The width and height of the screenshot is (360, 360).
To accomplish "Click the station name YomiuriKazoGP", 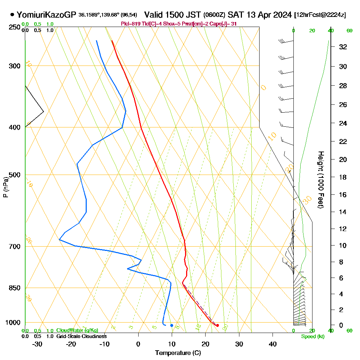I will pyautogui.click(x=46, y=15).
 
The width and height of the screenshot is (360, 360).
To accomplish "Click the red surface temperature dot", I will pyautogui.click(x=217, y=325).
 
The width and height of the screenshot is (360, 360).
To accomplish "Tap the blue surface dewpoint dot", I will pyautogui.click(x=172, y=325).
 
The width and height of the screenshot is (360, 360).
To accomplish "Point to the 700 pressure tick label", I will pyautogui.click(x=14, y=247).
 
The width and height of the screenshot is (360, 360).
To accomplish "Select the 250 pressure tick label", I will pyautogui.click(x=14, y=27).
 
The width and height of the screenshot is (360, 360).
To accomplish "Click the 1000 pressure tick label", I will pyautogui.click(x=13, y=323).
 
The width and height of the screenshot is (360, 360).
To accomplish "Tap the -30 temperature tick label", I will pyautogui.click(x=37, y=344).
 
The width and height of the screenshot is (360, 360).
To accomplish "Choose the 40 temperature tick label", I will pyautogui.click(x=273, y=344).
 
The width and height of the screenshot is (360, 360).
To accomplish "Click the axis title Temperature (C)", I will pyautogui.click(x=178, y=353).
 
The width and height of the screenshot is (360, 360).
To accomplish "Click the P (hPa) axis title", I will pyautogui.click(x=5, y=187).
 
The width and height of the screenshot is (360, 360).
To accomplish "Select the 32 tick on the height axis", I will pyautogui.click(x=343, y=47).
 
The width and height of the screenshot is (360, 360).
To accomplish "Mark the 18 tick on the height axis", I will pyautogui.click(x=343, y=177).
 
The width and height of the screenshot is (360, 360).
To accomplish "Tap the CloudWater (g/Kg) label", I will pyautogui.click(x=77, y=330).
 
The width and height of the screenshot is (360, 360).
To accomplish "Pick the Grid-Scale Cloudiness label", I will pyautogui.click(x=81, y=336).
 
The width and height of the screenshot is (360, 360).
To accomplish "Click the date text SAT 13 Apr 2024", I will pyautogui.click(x=260, y=15).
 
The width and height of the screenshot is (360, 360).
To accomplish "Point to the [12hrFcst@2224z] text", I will pyautogui.click(x=320, y=15).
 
